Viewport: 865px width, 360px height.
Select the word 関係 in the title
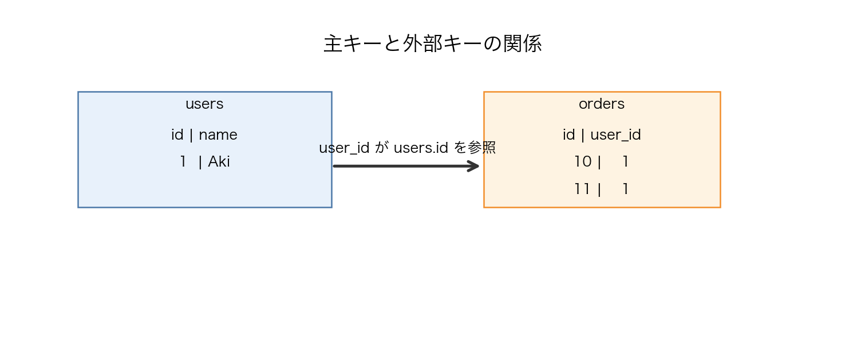(522, 44)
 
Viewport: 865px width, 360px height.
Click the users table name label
(204, 104)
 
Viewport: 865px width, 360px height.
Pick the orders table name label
(601, 104)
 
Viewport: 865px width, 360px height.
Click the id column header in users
(177, 135)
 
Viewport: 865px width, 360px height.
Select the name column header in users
(218, 135)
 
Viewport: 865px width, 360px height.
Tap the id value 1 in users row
(183, 162)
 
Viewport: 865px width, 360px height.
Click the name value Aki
(219, 162)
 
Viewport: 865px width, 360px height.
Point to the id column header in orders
(569, 135)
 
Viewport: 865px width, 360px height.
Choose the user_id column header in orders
(615, 135)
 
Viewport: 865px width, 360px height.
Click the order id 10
(583, 162)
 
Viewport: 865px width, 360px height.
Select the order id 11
(582, 189)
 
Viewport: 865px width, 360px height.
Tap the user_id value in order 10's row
(625, 162)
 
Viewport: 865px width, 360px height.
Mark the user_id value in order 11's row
(625, 189)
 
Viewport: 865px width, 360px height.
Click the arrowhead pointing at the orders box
(474, 166)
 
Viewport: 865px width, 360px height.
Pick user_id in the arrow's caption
(344, 148)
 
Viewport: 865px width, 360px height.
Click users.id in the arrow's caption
(421, 148)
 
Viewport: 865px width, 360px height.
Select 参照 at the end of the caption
(481, 148)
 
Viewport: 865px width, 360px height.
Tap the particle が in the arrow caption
(381, 148)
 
